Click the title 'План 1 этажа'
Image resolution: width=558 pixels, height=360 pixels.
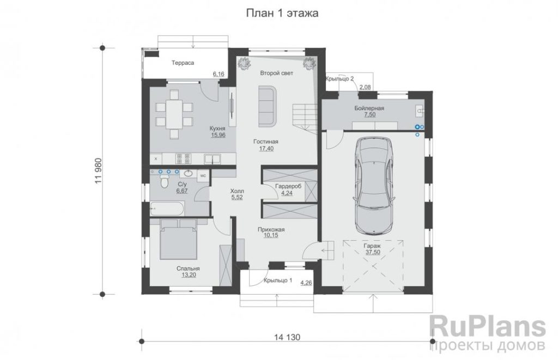click(x=282, y=13)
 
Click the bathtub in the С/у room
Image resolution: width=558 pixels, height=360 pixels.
click(x=167, y=209)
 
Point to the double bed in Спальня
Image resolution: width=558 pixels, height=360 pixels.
click(x=178, y=239)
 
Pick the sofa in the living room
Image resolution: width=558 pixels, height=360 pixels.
click(x=267, y=106)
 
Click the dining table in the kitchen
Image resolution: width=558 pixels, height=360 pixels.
click(x=174, y=114)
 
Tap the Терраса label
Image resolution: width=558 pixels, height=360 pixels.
click(x=183, y=63)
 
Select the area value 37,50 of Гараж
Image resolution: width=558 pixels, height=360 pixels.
click(x=373, y=252)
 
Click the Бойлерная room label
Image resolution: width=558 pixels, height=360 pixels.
click(x=369, y=108)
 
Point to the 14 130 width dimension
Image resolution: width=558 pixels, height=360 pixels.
click(x=287, y=337)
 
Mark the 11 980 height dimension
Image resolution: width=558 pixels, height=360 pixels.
click(x=99, y=171)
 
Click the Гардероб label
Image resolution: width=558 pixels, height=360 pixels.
click(x=288, y=186)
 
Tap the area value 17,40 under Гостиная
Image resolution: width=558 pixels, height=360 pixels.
click(x=266, y=149)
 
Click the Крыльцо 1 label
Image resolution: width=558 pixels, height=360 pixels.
click(x=278, y=280)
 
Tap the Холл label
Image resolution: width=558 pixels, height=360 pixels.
click(x=237, y=191)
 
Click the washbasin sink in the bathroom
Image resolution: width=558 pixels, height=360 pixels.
click(x=188, y=174)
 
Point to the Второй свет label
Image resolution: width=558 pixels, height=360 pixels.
click(x=276, y=74)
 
